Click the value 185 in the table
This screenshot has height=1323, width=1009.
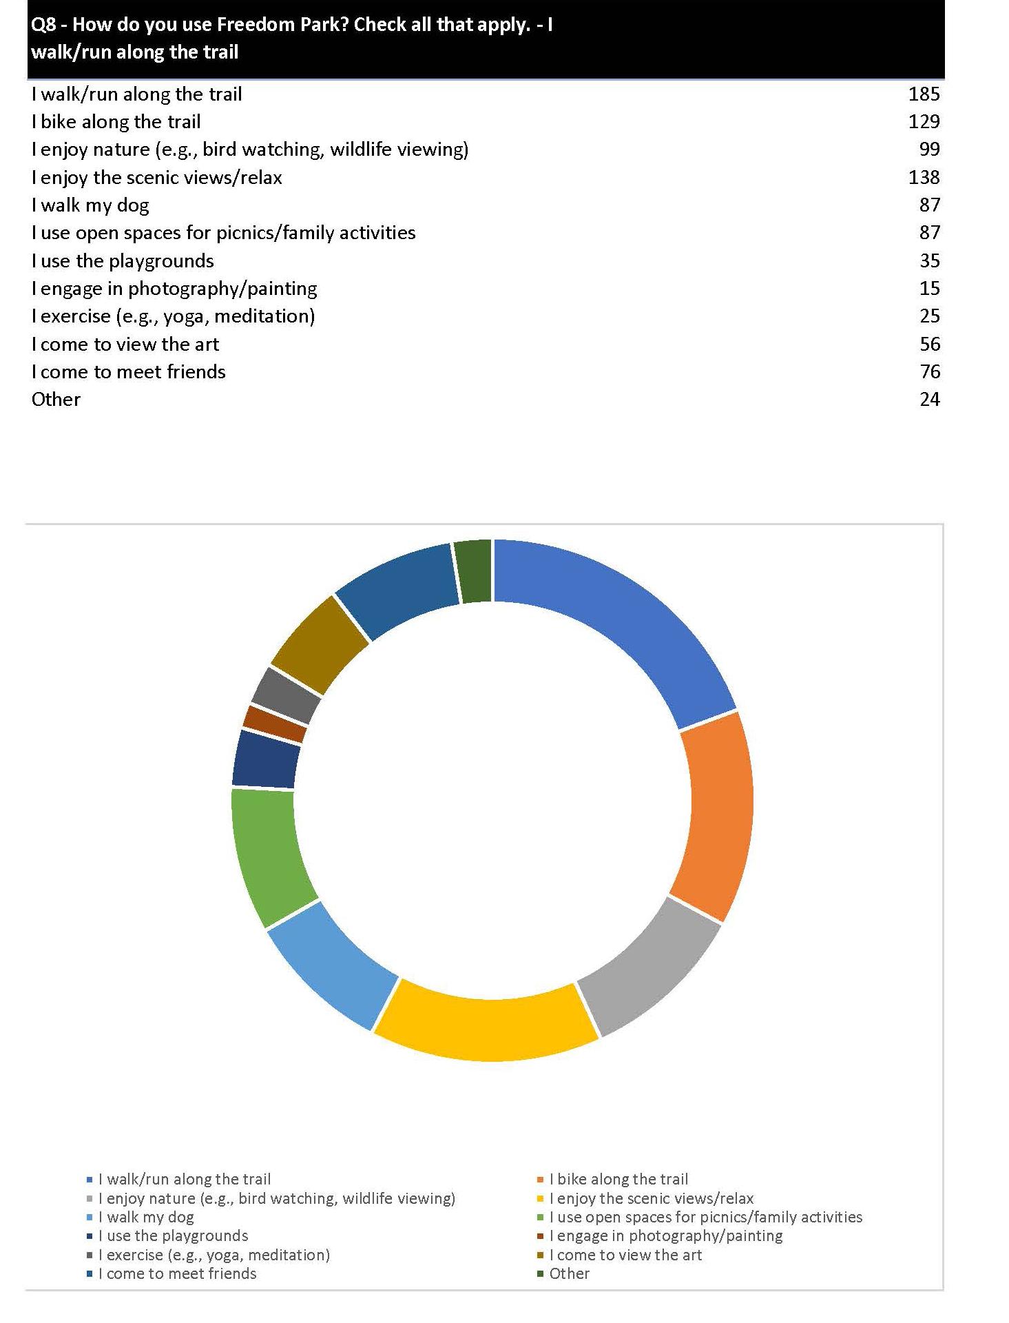(923, 94)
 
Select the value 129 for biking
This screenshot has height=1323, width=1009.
(923, 122)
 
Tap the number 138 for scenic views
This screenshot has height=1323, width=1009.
(923, 178)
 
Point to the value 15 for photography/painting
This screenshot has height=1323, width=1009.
(929, 289)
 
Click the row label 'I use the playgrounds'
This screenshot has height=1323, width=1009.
(123, 261)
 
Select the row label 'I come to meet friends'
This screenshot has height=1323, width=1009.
(129, 372)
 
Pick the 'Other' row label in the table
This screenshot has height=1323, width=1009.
(56, 400)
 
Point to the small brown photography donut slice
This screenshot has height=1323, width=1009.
(275, 724)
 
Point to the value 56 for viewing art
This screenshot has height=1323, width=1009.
(929, 345)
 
